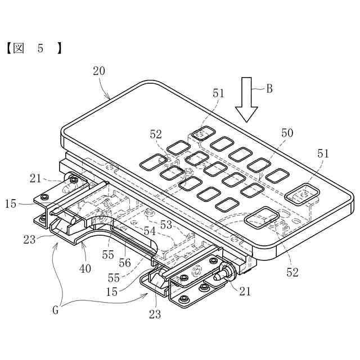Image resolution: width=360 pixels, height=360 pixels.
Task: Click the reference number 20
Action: point(99,71)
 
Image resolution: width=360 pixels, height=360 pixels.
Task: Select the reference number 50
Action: point(287,133)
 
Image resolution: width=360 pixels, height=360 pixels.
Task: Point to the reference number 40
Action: point(85,268)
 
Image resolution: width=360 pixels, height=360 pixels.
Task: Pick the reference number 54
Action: point(150,231)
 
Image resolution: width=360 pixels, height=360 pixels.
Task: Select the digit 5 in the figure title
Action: point(40,49)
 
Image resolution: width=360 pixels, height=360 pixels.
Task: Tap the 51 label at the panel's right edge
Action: point(323,153)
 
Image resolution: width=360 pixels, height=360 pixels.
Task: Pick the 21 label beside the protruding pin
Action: point(246,292)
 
